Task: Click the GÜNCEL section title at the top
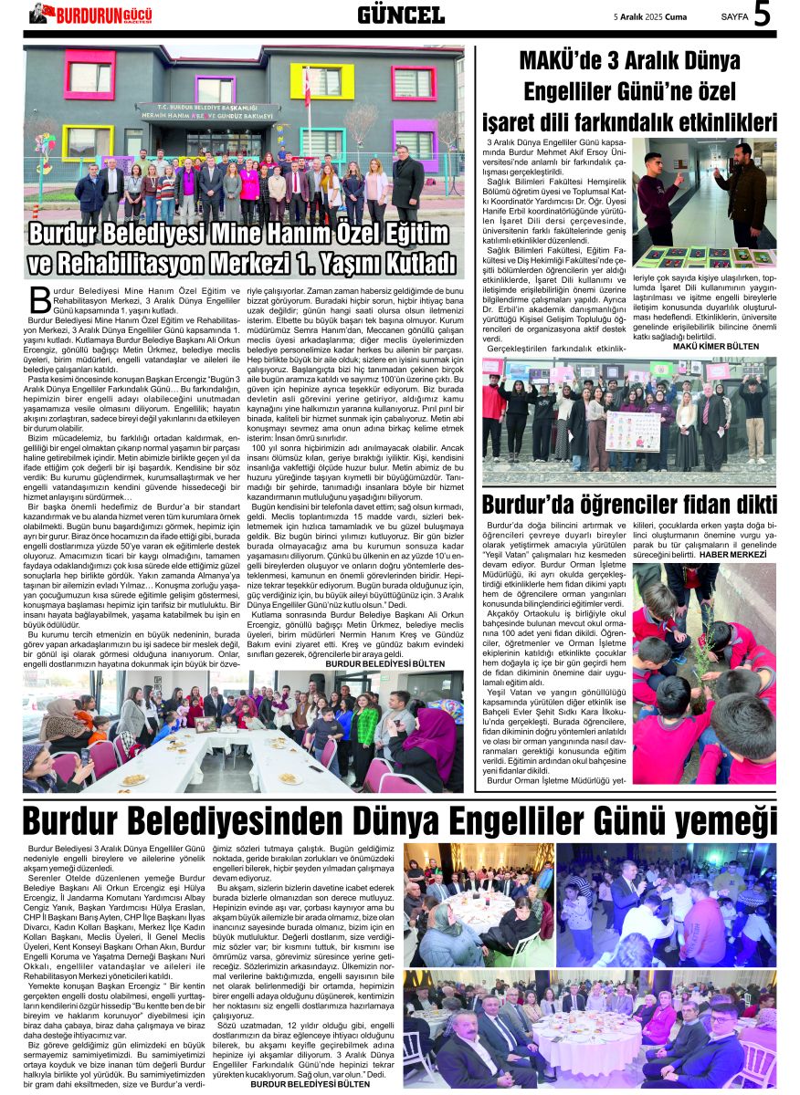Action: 400,15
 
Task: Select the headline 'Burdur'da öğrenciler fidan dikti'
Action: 629,505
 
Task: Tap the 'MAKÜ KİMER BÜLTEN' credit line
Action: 715,347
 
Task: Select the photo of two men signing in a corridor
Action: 704,203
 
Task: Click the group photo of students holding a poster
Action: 629,420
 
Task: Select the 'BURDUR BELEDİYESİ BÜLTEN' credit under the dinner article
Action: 311,1084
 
